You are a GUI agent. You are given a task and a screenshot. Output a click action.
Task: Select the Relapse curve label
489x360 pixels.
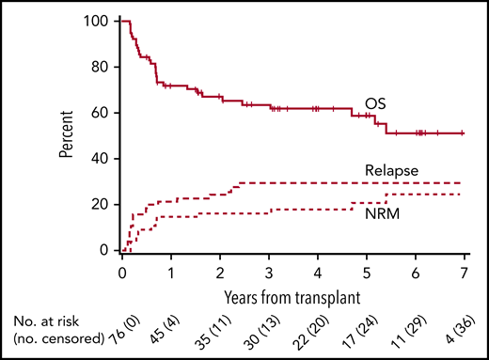387,169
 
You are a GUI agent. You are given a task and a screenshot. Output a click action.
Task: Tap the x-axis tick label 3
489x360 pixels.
269,273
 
